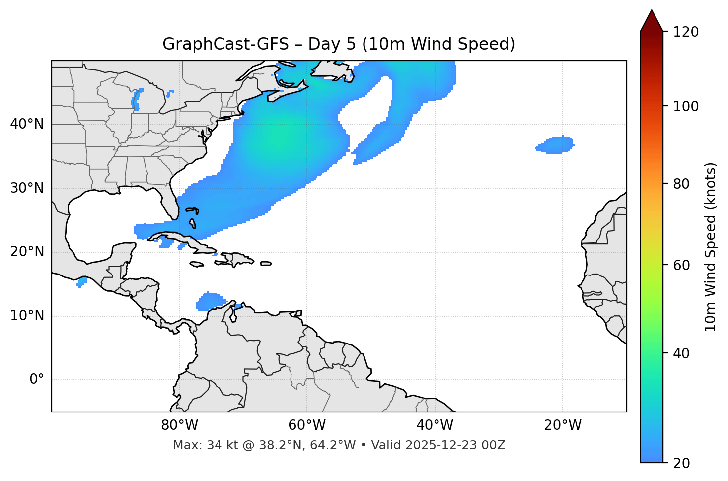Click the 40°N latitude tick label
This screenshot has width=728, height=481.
click(27, 124)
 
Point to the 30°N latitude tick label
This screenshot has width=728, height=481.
click(27, 188)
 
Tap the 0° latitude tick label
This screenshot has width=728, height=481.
click(37, 380)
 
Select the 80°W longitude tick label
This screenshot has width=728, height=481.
click(179, 425)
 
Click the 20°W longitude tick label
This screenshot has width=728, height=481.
click(563, 425)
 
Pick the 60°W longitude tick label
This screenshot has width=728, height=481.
click(307, 425)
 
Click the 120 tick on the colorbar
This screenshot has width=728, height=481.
click(686, 32)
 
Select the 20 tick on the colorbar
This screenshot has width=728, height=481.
click(682, 463)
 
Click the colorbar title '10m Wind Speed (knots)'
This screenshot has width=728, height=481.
click(711, 247)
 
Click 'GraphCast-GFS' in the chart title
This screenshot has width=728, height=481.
click(225, 44)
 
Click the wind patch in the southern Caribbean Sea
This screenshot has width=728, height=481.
click(211, 301)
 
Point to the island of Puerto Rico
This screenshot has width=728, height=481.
click(266, 264)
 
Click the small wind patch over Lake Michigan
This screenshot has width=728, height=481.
click(137, 100)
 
